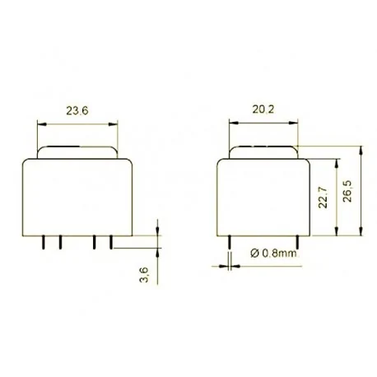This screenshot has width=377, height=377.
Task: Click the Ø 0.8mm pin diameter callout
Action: click(x=272, y=254)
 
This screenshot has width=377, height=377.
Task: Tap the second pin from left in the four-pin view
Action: click(x=58, y=241)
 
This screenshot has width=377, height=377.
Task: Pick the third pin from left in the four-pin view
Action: click(x=95, y=241)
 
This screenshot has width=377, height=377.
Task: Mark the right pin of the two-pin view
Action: click(x=295, y=241)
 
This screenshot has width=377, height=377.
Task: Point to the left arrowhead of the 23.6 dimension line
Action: click(x=41, y=124)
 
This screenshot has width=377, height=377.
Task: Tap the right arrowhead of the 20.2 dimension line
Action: click(x=295, y=124)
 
